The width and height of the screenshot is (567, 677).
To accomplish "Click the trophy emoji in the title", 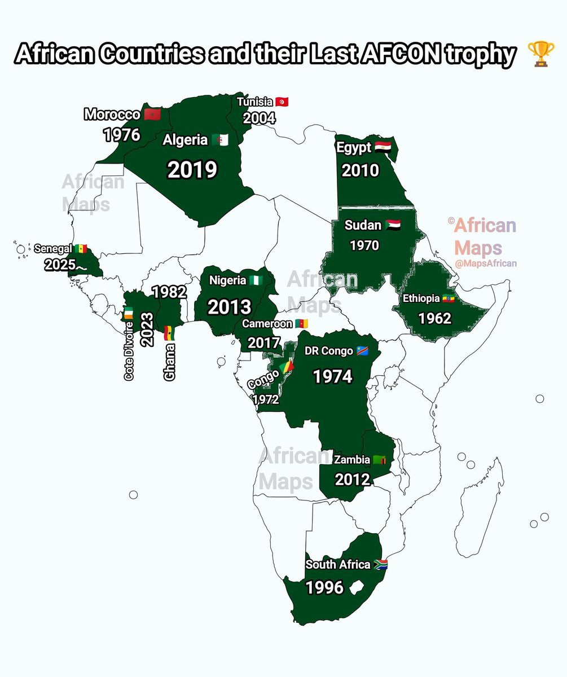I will (x=540, y=55).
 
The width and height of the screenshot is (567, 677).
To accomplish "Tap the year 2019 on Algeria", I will (x=192, y=169).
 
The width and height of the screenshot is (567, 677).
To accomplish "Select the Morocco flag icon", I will (x=152, y=115).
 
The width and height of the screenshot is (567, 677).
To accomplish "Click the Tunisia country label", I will (x=255, y=102).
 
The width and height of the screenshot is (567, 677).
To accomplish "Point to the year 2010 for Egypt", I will (x=360, y=170).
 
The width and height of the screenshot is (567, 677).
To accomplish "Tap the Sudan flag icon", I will (x=393, y=226).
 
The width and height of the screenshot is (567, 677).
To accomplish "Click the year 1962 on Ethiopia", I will (x=434, y=318).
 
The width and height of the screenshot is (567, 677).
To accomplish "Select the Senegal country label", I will (x=53, y=248).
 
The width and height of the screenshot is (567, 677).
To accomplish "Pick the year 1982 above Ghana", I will (x=169, y=292).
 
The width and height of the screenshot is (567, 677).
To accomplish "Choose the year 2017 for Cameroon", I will (x=263, y=342).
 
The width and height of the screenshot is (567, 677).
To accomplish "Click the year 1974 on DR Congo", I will (x=333, y=376).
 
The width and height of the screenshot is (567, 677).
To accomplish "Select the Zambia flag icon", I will (x=380, y=460).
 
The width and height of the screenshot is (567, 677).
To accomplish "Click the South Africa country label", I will (x=338, y=565).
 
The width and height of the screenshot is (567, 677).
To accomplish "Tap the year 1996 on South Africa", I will (x=324, y=588).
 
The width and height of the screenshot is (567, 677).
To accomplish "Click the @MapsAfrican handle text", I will (x=486, y=263).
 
